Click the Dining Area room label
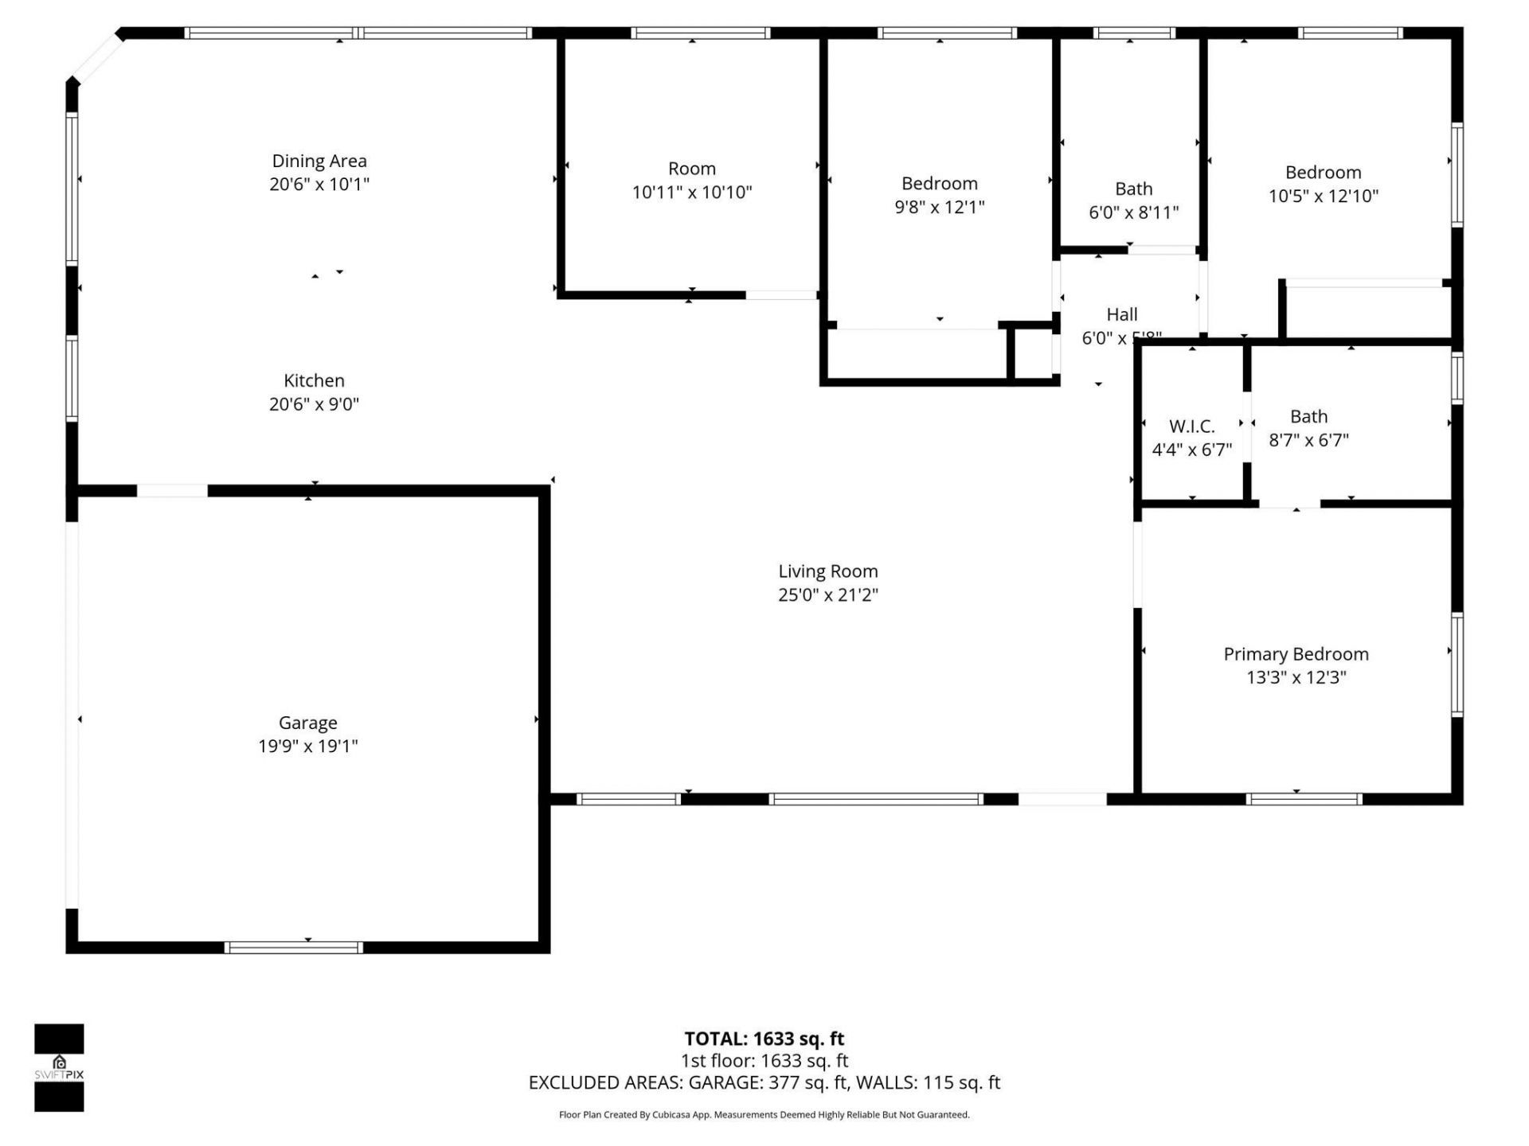point(319,162)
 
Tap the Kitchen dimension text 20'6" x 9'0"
point(314,404)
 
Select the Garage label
point(307,723)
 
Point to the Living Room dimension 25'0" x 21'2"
point(827,595)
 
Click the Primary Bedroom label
point(1296,654)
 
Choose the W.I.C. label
point(1191,427)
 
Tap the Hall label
point(1121,314)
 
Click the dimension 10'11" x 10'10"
point(691,193)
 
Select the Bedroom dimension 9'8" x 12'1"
point(939,208)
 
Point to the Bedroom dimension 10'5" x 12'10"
point(1323,197)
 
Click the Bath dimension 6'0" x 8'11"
point(1133,212)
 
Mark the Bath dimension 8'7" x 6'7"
point(1308,440)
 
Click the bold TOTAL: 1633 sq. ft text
point(764,1039)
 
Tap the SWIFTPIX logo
point(59,1067)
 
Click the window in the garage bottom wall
point(294,947)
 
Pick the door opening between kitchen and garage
point(172,491)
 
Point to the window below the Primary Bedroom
point(1304,799)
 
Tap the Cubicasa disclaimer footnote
point(764,1115)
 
